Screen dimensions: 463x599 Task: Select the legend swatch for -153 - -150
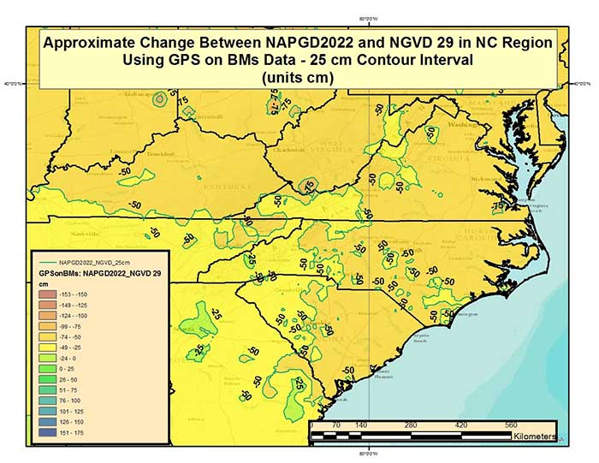click(44, 294)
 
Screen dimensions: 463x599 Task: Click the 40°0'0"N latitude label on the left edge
click(13, 84)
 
